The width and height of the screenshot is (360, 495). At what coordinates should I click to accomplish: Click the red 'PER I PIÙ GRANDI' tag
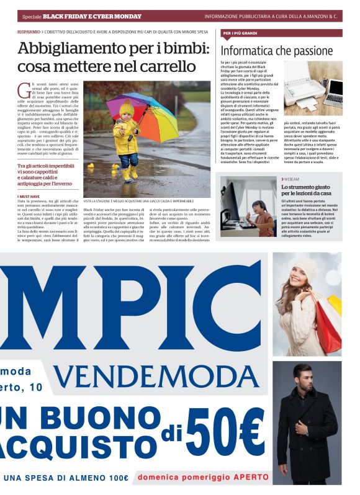240,33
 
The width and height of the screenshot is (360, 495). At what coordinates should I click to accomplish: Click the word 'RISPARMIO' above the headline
29,30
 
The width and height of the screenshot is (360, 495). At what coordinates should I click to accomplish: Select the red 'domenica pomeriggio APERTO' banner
200,478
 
